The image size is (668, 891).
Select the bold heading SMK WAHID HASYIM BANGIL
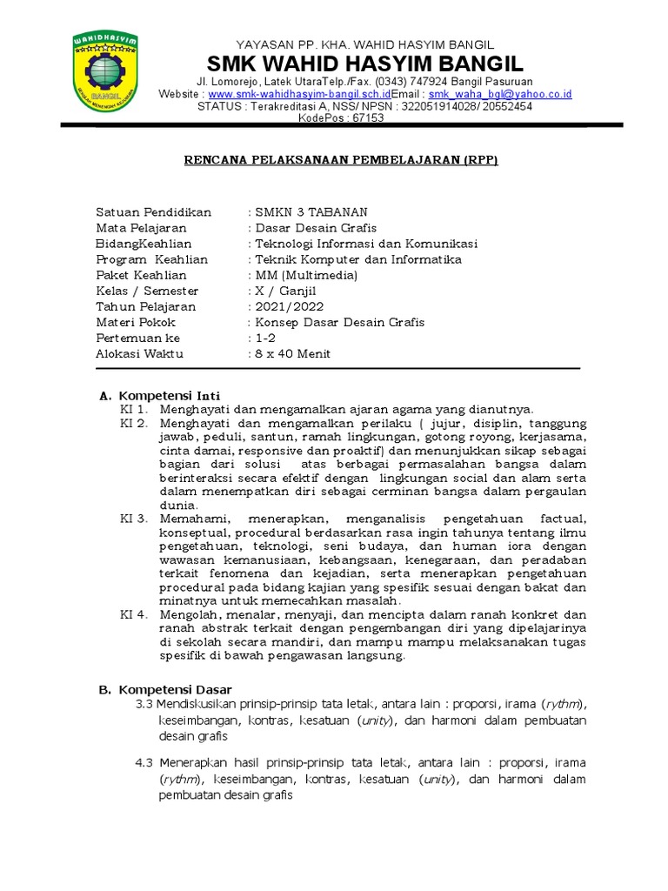click(364, 64)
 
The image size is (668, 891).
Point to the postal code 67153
click(366, 118)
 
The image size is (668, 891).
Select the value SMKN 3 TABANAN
click(311, 212)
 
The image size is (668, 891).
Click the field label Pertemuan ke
click(138, 338)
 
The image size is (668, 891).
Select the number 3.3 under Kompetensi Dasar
click(144, 703)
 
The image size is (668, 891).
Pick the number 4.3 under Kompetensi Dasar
click(144, 763)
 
